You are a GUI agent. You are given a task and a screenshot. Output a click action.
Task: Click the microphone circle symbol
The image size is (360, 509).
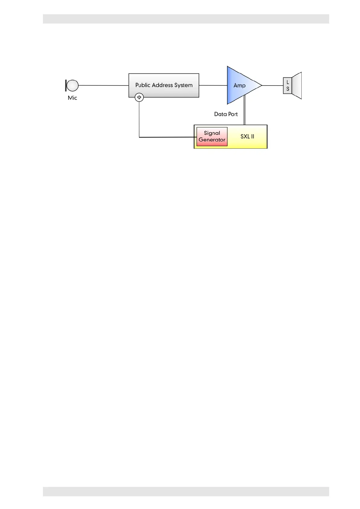pos(73,86)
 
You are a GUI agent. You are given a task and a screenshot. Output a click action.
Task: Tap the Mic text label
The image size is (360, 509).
pos(73,98)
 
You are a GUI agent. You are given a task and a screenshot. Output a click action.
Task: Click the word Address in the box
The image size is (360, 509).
pos(163,85)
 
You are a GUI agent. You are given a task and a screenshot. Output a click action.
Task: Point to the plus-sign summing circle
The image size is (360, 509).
pos(139,97)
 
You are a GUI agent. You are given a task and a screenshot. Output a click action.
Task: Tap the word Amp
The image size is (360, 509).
pos(239,86)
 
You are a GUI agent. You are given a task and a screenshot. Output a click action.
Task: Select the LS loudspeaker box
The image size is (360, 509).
pos(287,86)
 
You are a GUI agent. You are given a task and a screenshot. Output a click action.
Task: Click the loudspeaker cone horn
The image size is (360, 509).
pos(297,86)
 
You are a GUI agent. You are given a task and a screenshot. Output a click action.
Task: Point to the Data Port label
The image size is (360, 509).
pos(226,114)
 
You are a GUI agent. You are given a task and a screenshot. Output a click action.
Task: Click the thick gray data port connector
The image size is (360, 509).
pos(245,110)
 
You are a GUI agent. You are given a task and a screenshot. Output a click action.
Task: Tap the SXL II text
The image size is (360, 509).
pos(247,137)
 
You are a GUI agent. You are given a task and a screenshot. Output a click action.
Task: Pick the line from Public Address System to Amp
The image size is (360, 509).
pos(213,86)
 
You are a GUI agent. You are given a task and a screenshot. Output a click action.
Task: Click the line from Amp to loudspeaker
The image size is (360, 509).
pos(272,86)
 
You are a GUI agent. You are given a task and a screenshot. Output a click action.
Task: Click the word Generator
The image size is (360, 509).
pos(212,140)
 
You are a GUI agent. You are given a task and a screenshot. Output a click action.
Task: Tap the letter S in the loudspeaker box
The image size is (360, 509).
pos(288,89)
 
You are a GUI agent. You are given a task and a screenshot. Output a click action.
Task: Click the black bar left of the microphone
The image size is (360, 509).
pos(66,86)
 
